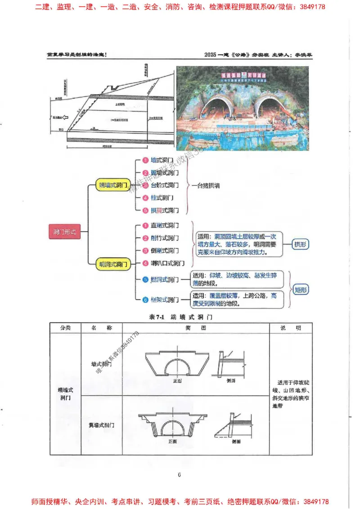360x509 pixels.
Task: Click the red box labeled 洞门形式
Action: point(64,232)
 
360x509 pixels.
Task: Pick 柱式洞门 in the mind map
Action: point(162,198)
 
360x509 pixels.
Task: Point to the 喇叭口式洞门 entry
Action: point(166,263)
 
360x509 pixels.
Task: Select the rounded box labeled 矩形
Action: point(301,290)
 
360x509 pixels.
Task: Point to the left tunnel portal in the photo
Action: point(217,108)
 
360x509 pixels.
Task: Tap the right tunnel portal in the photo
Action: point(269,108)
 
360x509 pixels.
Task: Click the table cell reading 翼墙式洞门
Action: point(101,425)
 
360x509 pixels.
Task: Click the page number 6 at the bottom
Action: point(179,475)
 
